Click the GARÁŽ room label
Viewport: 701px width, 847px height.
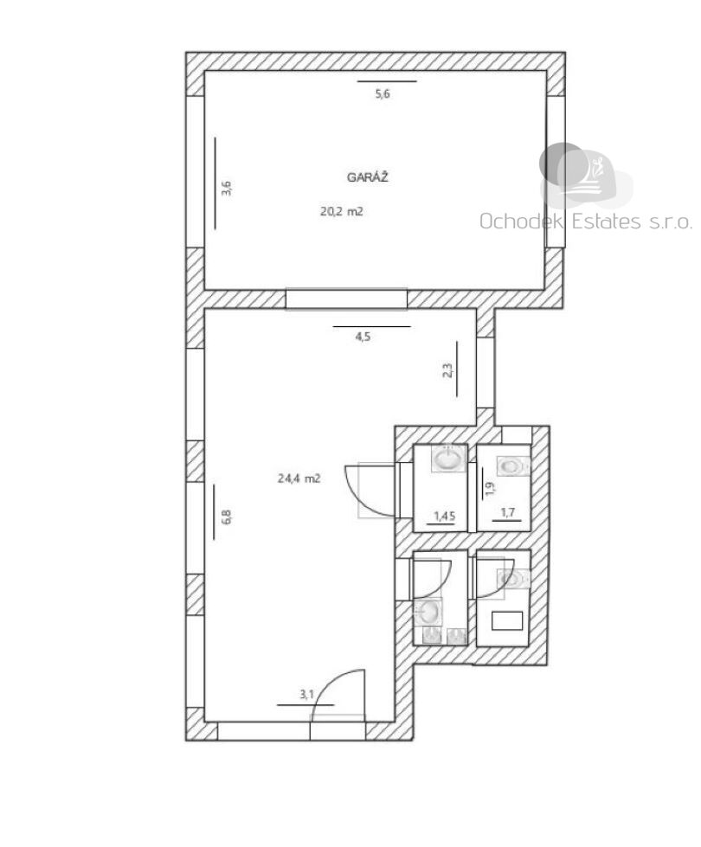[x=368, y=176]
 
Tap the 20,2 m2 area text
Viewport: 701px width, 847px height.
[x=342, y=212]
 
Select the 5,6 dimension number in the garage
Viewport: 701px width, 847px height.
[x=383, y=94]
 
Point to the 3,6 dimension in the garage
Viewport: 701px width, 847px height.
[x=227, y=188]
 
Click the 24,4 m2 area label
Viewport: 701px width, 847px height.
[x=299, y=478]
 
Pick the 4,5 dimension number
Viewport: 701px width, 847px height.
[x=363, y=337]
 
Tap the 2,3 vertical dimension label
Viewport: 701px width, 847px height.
[x=447, y=370]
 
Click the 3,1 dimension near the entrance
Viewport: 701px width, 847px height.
[x=307, y=694]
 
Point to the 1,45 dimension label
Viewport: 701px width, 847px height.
[x=445, y=516]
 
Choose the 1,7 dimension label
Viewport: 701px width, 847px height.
[x=507, y=512]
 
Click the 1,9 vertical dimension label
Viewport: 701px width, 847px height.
[x=490, y=489]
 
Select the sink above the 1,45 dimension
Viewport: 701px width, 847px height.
[x=448, y=459]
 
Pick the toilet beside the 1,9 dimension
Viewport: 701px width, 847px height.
[x=513, y=465]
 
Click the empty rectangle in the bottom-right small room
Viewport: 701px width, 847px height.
[x=507, y=620]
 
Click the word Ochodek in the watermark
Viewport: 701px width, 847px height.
[x=521, y=221]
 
